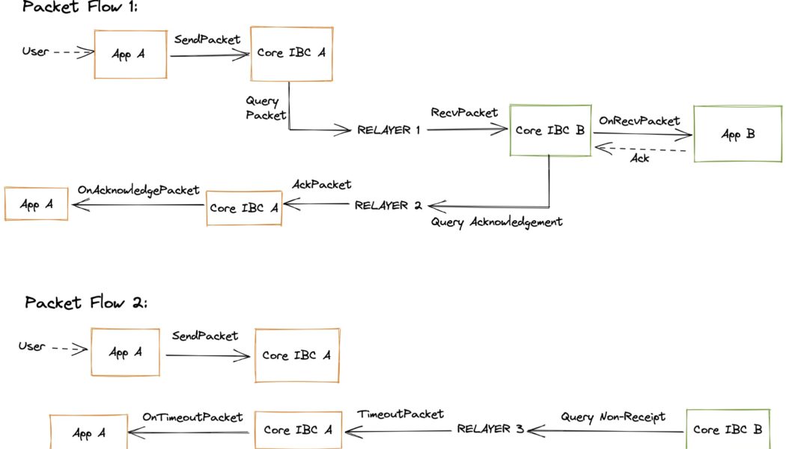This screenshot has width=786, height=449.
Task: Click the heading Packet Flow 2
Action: (x=87, y=303)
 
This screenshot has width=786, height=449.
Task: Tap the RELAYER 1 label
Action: (x=389, y=130)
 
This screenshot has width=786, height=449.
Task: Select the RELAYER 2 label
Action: (x=389, y=204)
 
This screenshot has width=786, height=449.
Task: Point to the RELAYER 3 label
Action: (x=491, y=430)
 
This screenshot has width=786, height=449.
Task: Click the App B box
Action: (x=737, y=134)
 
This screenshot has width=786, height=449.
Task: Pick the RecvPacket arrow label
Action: (x=464, y=113)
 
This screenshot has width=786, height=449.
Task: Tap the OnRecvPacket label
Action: (x=639, y=120)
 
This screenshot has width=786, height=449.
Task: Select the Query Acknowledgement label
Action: (x=496, y=222)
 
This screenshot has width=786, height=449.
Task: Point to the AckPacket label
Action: (x=321, y=184)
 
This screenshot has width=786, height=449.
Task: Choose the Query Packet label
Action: (x=266, y=108)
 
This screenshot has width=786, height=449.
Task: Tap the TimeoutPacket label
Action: (x=400, y=414)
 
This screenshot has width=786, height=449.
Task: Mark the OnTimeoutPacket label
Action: (x=192, y=416)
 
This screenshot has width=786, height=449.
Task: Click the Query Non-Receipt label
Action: (x=612, y=416)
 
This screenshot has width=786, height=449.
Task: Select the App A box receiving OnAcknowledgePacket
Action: (x=36, y=204)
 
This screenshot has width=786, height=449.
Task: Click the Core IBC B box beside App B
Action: (x=550, y=130)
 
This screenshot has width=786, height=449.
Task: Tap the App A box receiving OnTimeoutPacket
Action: (x=88, y=433)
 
